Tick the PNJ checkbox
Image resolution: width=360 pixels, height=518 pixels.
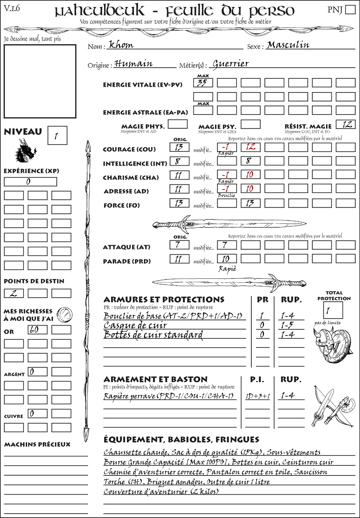tap(350, 9)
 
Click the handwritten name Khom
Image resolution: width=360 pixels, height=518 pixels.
tap(121, 45)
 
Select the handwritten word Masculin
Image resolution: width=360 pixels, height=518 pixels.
tap(288, 45)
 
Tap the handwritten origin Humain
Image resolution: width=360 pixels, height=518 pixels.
tap(134, 64)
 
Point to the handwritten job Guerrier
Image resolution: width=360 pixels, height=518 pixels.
tap(231, 64)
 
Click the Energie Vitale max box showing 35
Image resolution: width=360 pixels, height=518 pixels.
tap(203, 83)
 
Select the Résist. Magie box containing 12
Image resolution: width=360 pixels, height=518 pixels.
tap(346, 124)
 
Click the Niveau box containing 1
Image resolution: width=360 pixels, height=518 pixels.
tap(57, 136)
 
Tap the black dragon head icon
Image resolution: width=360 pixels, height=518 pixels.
tap(25, 151)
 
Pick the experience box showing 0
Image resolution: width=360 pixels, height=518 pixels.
tap(30, 182)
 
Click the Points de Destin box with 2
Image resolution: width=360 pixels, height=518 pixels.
tap(14, 293)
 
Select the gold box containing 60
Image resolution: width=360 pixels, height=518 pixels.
tap(37, 330)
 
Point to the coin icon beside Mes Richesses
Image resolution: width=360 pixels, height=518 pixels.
tap(65, 314)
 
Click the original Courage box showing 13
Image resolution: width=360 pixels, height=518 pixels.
tap(179, 147)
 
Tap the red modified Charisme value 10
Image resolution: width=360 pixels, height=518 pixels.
tap(250, 175)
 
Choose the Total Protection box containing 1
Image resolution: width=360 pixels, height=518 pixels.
tap(333, 310)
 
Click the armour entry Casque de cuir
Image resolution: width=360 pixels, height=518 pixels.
tap(135, 325)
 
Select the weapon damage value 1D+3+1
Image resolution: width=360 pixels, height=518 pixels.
tap(257, 396)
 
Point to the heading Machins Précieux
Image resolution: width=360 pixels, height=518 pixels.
tap(37, 445)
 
